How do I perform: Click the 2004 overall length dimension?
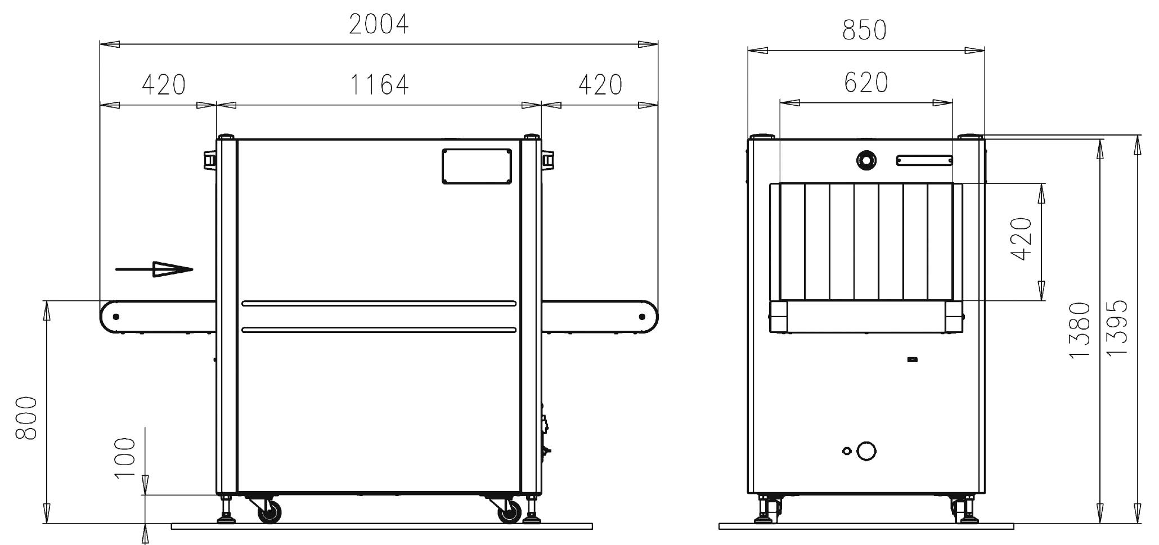click(379, 24)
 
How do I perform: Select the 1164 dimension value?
click(379, 85)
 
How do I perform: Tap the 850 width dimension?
click(865, 30)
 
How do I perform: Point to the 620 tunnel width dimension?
click(866, 83)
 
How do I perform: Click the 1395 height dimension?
click(1117, 327)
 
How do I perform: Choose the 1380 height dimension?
click(1080, 330)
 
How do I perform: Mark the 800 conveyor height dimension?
click(26, 418)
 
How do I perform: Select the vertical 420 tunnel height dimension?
click(1021, 239)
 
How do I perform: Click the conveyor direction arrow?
click(154, 269)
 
